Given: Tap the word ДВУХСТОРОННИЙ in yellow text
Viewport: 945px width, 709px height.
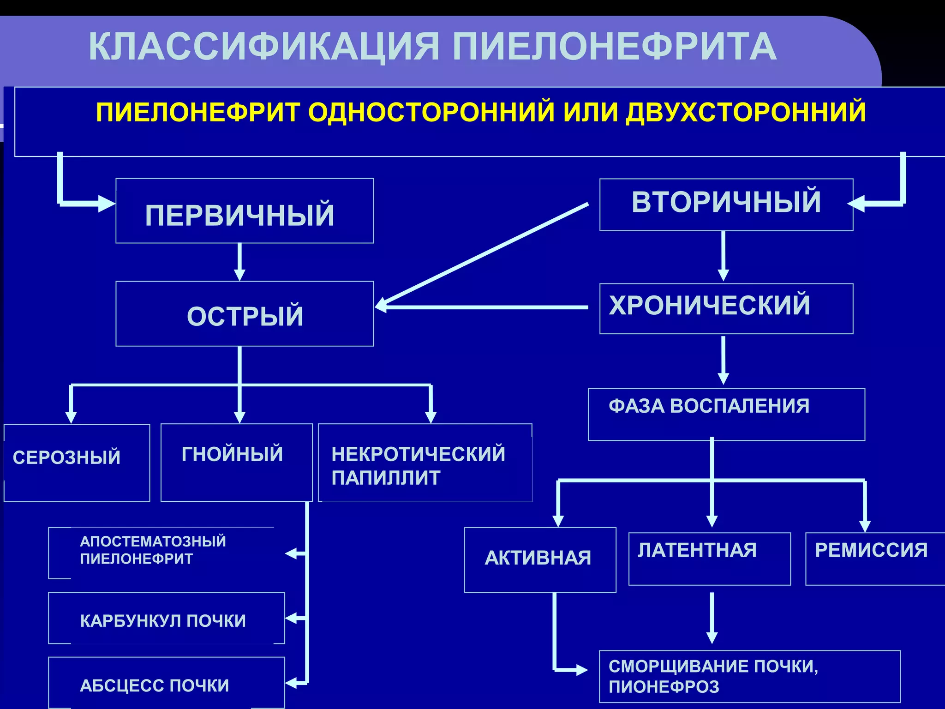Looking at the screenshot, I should click(x=746, y=112).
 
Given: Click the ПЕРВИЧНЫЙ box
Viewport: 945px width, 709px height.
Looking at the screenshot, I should click(x=245, y=211).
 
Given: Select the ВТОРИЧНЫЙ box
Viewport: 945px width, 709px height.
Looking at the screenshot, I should click(x=726, y=204).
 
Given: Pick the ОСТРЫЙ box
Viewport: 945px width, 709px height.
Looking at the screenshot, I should click(x=245, y=314).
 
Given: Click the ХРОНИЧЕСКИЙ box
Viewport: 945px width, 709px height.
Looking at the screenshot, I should click(x=726, y=308).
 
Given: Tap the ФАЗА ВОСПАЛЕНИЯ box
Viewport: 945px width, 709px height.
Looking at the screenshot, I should click(x=726, y=414).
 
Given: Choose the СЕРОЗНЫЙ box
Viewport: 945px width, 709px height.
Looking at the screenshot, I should click(x=77, y=463).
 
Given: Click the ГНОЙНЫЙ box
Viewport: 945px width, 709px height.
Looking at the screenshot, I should click(x=236, y=463).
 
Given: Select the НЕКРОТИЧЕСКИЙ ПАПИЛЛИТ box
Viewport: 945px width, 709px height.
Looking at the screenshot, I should click(x=425, y=463).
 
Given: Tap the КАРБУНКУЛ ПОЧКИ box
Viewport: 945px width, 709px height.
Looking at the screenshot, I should click(x=166, y=618).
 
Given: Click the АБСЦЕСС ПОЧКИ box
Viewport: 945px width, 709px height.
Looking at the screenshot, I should click(x=166, y=683).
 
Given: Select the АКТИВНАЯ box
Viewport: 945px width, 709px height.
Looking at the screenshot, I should click(x=540, y=559).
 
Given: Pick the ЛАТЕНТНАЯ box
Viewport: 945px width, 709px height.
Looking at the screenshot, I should click(x=709, y=559).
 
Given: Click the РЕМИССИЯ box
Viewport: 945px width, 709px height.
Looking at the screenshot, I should click(x=875, y=559).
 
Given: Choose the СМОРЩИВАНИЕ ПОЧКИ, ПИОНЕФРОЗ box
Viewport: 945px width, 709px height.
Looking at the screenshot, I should click(x=749, y=676).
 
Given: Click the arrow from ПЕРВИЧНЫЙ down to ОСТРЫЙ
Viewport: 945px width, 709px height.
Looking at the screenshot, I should click(x=239, y=262).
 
